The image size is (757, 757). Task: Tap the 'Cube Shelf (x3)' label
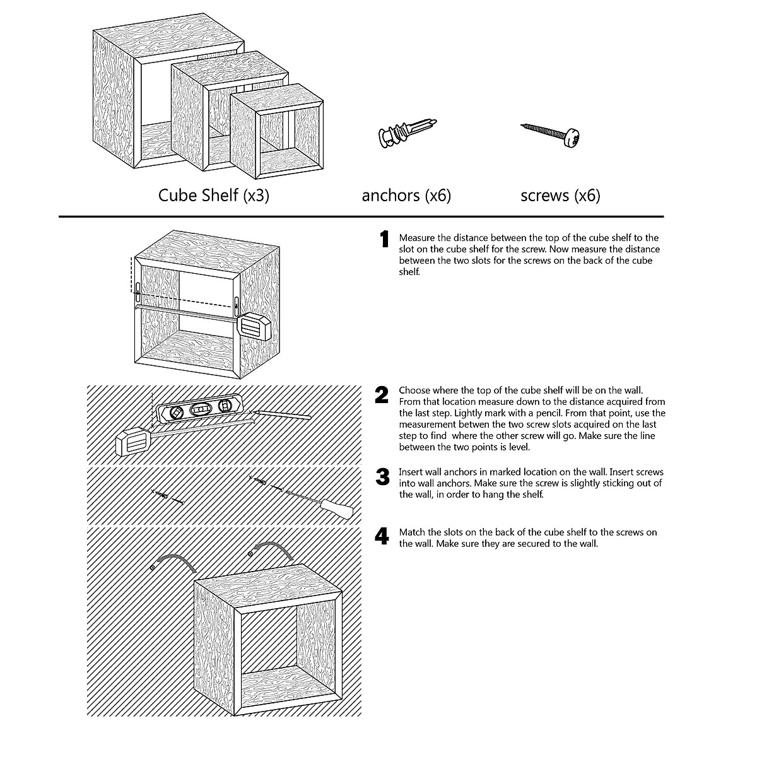click(213, 195)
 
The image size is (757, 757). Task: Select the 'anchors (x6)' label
click(406, 196)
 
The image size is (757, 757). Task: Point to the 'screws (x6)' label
click(560, 196)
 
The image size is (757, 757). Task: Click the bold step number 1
click(384, 240)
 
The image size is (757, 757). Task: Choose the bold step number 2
click(382, 396)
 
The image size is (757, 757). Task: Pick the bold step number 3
click(382, 477)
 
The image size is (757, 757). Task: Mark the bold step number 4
click(382, 537)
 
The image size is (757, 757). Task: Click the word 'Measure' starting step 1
click(416, 238)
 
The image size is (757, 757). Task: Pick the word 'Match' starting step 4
click(412, 532)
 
